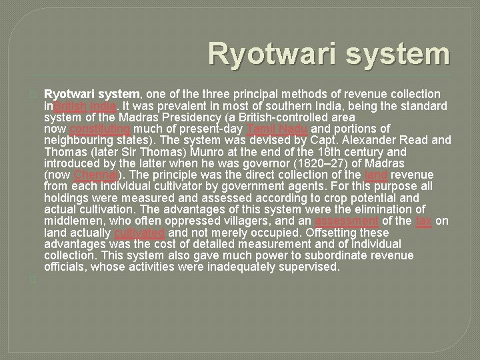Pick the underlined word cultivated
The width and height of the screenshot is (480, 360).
coord(140,233)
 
